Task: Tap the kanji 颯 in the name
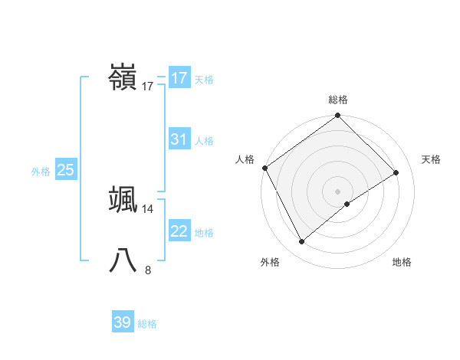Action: click(123, 199)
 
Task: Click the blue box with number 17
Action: click(179, 78)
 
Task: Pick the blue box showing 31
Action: click(179, 139)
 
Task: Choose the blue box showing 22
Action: click(179, 231)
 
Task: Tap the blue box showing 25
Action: click(66, 170)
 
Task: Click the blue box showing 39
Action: click(123, 322)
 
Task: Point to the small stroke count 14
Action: click(148, 208)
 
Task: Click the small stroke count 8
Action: click(148, 270)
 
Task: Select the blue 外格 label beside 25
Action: click(41, 172)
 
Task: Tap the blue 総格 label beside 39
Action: click(147, 324)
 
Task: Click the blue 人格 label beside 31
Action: click(204, 141)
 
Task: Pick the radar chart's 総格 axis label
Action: click(338, 100)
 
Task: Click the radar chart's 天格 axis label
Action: click(432, 159)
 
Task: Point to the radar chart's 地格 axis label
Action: click(402, 263)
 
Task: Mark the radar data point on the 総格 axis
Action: click(338, 116)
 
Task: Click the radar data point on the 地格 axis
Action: click(347, 204)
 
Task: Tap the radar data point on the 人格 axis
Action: click(265, 168)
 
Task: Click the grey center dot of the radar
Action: click(338, 191)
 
